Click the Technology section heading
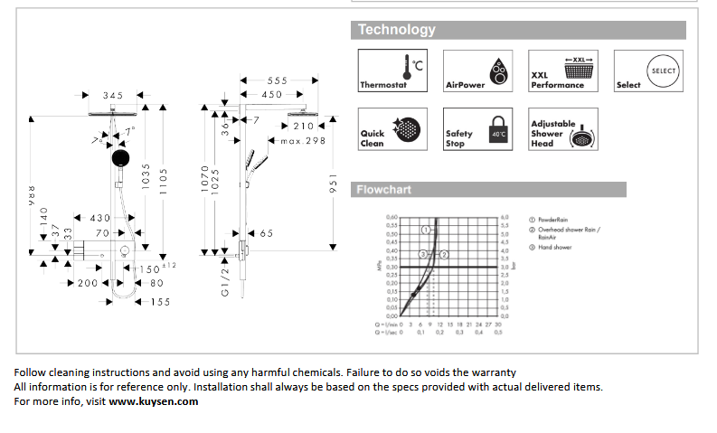(397, 30)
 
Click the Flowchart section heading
(383, 190)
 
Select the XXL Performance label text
(557, 80)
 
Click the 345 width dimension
(113, 95)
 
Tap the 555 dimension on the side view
(277, 81)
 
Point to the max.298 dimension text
(303, 141)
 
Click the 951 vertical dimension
(333, 184)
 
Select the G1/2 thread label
(226, 280)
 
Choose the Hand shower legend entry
(554, 247)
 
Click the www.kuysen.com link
(153, 401)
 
